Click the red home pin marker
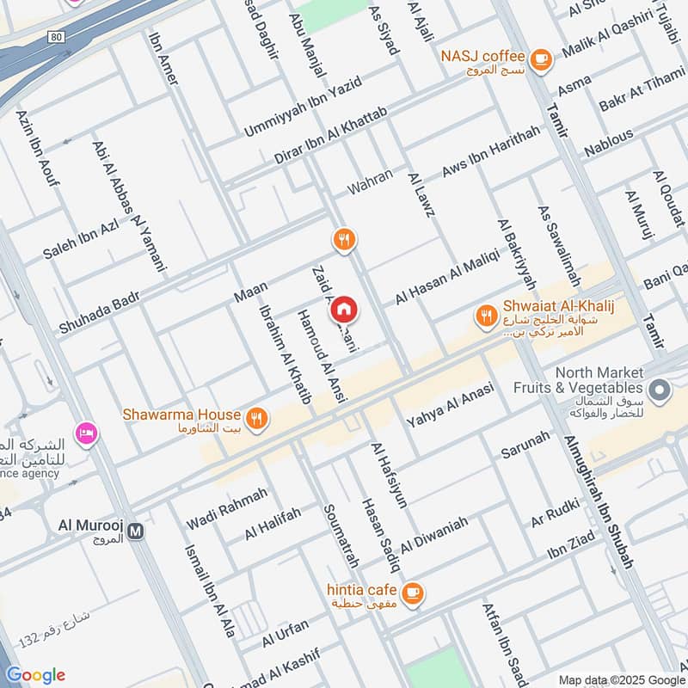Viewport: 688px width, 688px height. tap(344, 309)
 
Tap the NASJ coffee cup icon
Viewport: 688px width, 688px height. tap(540, 58)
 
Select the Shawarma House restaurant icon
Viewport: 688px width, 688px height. tap(255, 419)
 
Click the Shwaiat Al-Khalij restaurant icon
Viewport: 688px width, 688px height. tap(487, 316)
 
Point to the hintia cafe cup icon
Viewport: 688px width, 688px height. tap(413, 593)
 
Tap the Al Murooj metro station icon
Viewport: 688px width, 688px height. tap(134, 531)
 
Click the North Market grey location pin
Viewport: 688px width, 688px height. tap(660, 391)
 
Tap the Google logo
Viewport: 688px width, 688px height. tap(35, 675)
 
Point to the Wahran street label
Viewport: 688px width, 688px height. tap(370, 181)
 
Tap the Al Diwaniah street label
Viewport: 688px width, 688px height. tap(434, 535)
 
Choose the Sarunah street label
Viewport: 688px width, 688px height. tap(525, 443)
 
